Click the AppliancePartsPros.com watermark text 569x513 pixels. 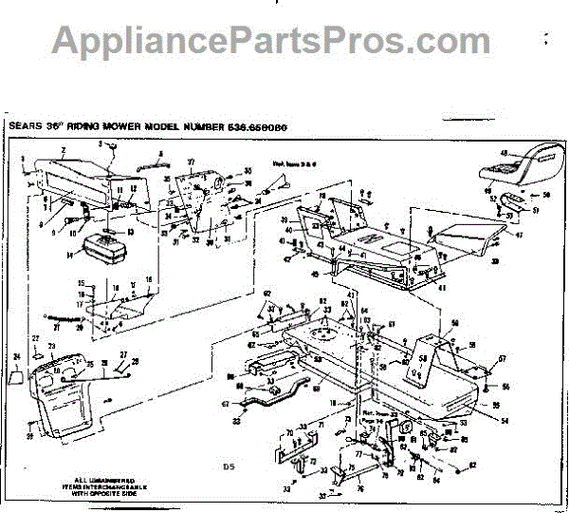point(271,40)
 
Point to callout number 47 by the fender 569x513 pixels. point(520,233)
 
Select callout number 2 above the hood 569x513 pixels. point(63,150)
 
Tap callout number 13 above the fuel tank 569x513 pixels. point(130,231)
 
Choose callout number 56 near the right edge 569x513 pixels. point(505,387)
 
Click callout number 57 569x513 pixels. point(504,358)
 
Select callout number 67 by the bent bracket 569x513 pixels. point(225,403)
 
